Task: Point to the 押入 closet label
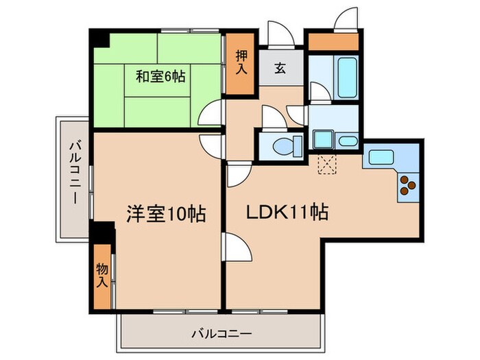tap(242, 62)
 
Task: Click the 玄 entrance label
tap(281, 68)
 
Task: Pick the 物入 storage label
tap(101, 275)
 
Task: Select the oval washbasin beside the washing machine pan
tap(348, 141)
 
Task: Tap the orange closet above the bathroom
tap(333, 41)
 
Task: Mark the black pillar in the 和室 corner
tap(100, 38)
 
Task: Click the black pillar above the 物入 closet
tap(103, 233)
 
